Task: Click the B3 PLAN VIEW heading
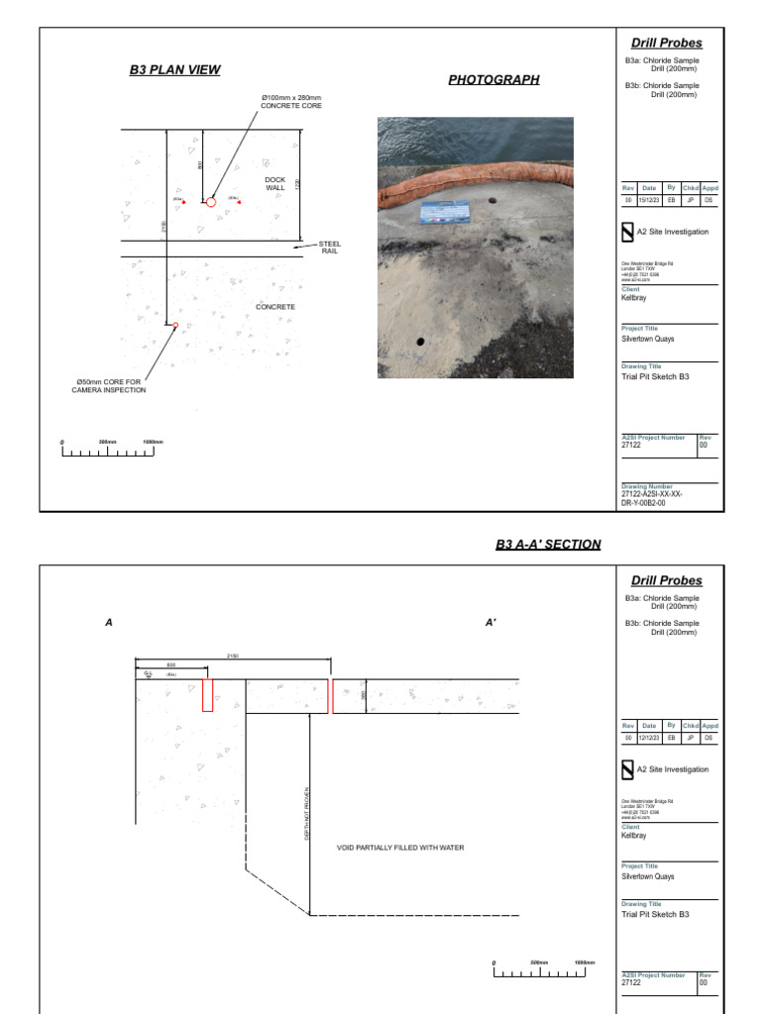(x=174, y=69)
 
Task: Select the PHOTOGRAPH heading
(x=493, y=79)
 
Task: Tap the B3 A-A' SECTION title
(x=548, y=545)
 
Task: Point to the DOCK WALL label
(x=274, y=183)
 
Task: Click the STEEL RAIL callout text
(x=330, y=248)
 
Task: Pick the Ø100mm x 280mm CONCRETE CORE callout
(x=291, y=102)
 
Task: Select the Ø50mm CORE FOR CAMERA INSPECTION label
(x=109, y=386)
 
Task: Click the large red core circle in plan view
(x=211, y=202)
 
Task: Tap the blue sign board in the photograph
(x=446, y=213)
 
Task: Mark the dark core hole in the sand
(x=420, y=341)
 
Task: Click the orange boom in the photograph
(x=476, y=183)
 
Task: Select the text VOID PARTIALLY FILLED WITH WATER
(x=400, y=848)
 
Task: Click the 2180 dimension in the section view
(x=233, y=656)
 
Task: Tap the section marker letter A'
(x=490, y=623)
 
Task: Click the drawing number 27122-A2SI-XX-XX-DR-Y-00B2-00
(x=652, y=497)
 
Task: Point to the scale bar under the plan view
(x=108, y=452)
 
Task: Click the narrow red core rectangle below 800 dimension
(x=207, y=695)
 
